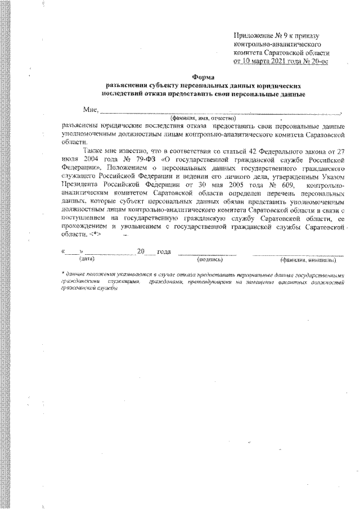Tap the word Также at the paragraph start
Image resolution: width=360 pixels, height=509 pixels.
(93, 151)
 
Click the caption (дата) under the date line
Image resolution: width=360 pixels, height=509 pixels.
(87, 259)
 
